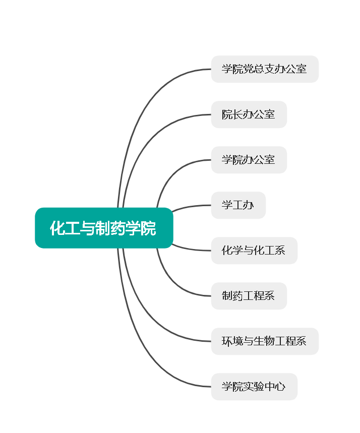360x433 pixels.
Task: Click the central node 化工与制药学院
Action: pos(104,228)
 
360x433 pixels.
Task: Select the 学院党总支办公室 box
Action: pos(265,69)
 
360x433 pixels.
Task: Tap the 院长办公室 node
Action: pos(249,114)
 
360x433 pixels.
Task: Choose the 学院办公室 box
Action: pos(249,160)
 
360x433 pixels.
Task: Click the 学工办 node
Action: pos(238,205)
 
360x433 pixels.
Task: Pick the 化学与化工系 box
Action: pos(254,251)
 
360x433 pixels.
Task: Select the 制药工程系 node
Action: pos(249,296)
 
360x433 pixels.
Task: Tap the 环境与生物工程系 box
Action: pos(265,341)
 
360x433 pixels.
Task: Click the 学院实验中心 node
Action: pos(254,387)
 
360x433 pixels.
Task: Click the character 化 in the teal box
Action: pos(56,228)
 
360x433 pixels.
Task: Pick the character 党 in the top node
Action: pos(249,69)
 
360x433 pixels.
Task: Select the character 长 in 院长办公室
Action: pos(238,114)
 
